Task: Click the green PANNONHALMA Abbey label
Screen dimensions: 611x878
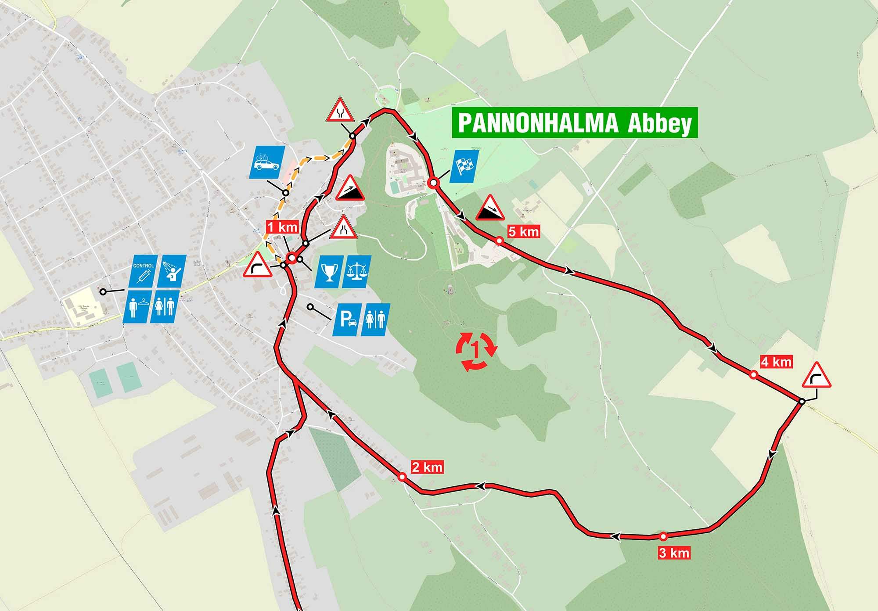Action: (575, 123)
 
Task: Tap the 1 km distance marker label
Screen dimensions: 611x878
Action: (283, 227)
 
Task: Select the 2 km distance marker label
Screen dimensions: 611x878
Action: (427, 467)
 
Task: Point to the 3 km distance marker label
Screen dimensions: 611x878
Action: (674, 553)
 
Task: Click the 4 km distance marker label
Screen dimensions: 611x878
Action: (776, 362)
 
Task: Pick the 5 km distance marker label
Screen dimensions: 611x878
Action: (523, 231)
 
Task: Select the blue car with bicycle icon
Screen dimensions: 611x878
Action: (266, 162)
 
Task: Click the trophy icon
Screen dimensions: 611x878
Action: (328, 272)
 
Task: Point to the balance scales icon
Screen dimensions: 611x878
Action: (356, 272)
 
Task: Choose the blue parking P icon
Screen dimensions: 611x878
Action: (346, 320)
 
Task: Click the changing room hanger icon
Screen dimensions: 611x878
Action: (136, 306)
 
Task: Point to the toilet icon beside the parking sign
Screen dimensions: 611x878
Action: (374, 320)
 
